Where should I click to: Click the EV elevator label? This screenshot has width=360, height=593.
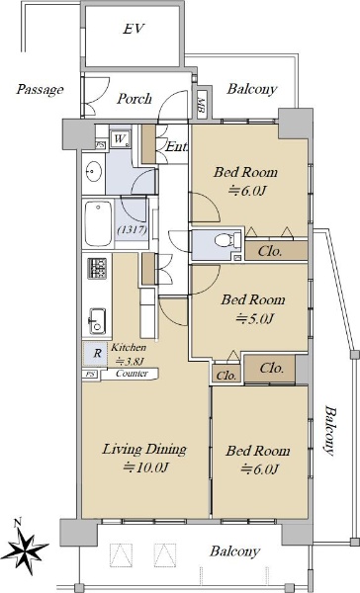(134, 29)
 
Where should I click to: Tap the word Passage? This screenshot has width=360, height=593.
(40, 90)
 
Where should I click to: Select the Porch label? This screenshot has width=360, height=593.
(134, 99)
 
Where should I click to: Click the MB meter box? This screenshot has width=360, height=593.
(202, 103)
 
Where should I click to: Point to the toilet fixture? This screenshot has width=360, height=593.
(227, 240)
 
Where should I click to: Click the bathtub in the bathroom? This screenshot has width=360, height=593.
(99, 223)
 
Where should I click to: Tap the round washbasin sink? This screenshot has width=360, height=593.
(94, 173)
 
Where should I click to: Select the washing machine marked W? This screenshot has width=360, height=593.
(120, 138)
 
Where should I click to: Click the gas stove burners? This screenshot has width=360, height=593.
(97, 268)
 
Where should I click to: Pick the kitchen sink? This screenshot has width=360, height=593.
(97, 321)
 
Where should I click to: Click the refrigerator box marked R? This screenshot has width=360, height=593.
(96, 353)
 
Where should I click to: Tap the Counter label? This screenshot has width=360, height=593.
(132, 374)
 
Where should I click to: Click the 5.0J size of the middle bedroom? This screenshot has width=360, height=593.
(254, 319)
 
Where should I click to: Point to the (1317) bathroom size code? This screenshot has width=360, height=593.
(132, 229)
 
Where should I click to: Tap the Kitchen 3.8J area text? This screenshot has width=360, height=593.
(128, 355)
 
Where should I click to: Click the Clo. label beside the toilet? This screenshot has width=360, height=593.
(270, 251)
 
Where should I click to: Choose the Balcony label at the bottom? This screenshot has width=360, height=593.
(234, 551)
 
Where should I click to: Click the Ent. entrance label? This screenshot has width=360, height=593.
(176, 146)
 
